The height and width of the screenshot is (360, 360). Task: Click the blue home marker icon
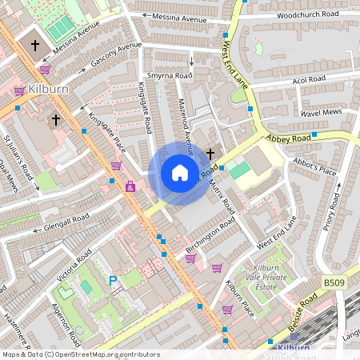pyautogui.click(x=180, y=173)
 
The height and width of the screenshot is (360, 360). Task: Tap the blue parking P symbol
pyautogui.click(x=113, y=281)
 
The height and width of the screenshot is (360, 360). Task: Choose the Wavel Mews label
pyautogui.click(x=321, y=113)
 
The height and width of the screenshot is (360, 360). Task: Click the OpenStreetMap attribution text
pyautogui.click(x=80, y=354)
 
